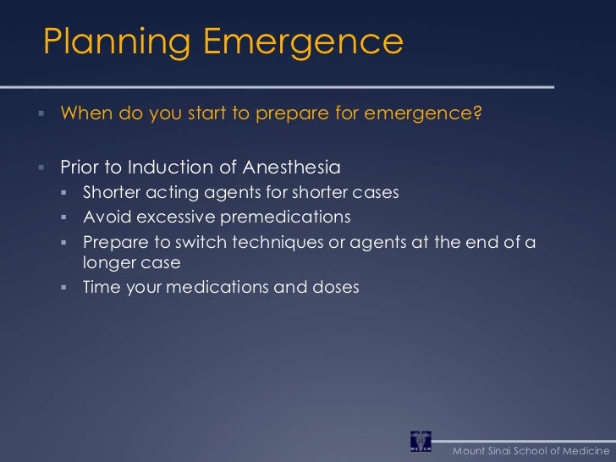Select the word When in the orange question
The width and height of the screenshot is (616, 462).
pos(85,114)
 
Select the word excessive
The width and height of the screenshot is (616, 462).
pos(175,218)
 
